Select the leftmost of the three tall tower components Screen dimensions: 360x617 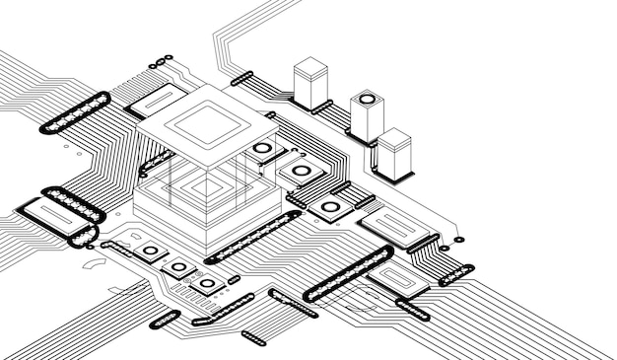point(309,81)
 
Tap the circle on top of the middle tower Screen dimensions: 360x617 point(367,99)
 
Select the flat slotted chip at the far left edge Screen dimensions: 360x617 point(45,219)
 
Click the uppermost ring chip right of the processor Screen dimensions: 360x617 point(262,150)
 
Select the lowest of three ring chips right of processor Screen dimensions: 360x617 point(330,207)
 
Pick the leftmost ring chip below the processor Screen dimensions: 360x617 point(150,251)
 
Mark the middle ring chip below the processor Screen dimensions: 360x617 point(179,267)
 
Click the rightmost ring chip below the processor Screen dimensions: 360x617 point(208,284)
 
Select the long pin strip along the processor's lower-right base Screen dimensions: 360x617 point(253,237)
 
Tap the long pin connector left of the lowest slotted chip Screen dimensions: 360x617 point(347,274)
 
